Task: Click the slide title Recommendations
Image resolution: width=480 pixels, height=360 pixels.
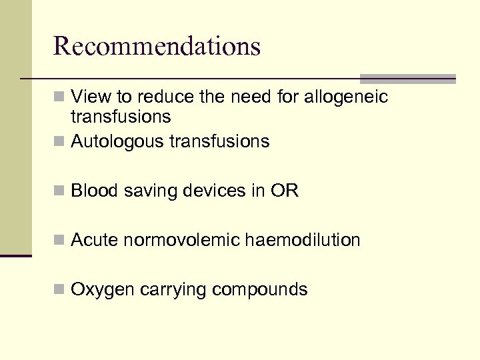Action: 157,46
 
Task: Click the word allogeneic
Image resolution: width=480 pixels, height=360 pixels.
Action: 346,97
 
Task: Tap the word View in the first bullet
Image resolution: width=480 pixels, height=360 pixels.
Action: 91,97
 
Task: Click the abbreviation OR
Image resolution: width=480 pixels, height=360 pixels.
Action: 285,191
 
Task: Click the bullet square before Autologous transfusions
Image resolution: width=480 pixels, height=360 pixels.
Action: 60,142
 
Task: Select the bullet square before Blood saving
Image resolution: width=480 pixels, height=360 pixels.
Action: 60,192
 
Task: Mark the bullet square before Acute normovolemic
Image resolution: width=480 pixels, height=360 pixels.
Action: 60,241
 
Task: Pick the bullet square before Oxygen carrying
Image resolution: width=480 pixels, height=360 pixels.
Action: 60,291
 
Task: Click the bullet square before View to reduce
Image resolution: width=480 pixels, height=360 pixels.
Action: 60,98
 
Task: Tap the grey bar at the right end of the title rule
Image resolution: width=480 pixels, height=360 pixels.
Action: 407,78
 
